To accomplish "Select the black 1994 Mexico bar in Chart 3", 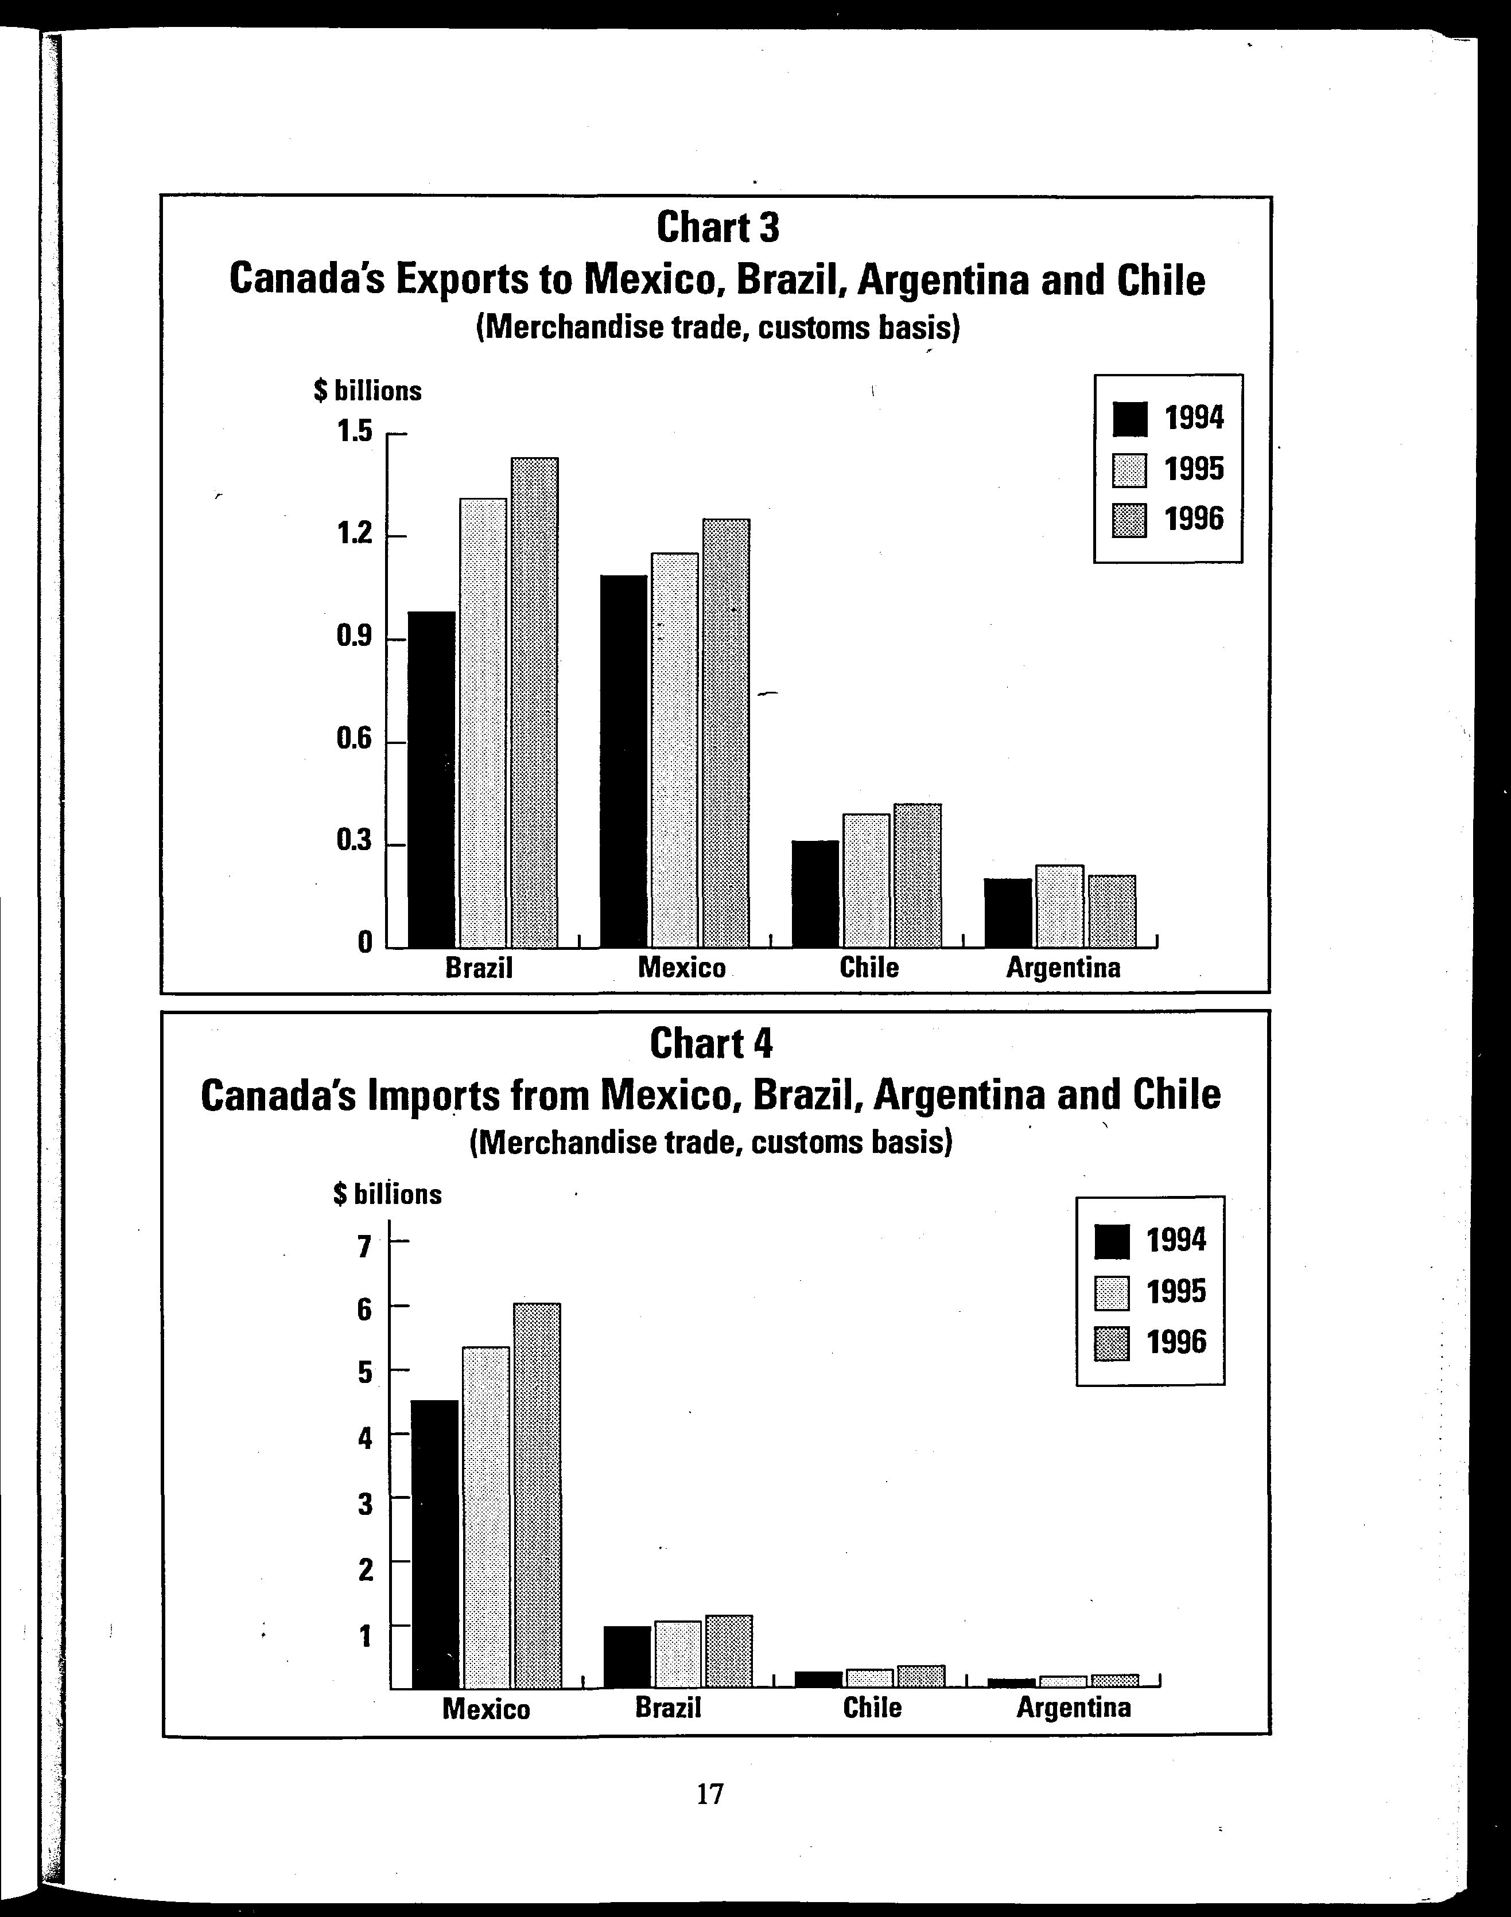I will (624, 761).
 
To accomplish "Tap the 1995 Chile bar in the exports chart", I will (866, 880).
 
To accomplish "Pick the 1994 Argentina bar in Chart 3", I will (1008, 913).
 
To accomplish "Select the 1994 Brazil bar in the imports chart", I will (627, 1656).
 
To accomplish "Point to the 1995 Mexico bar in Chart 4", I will (485, 1517).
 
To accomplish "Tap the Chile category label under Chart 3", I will (869, 967).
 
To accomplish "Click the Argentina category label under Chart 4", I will (1073, 1706).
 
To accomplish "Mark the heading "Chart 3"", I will (717, 228).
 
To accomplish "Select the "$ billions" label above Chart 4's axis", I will (387, 1195).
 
